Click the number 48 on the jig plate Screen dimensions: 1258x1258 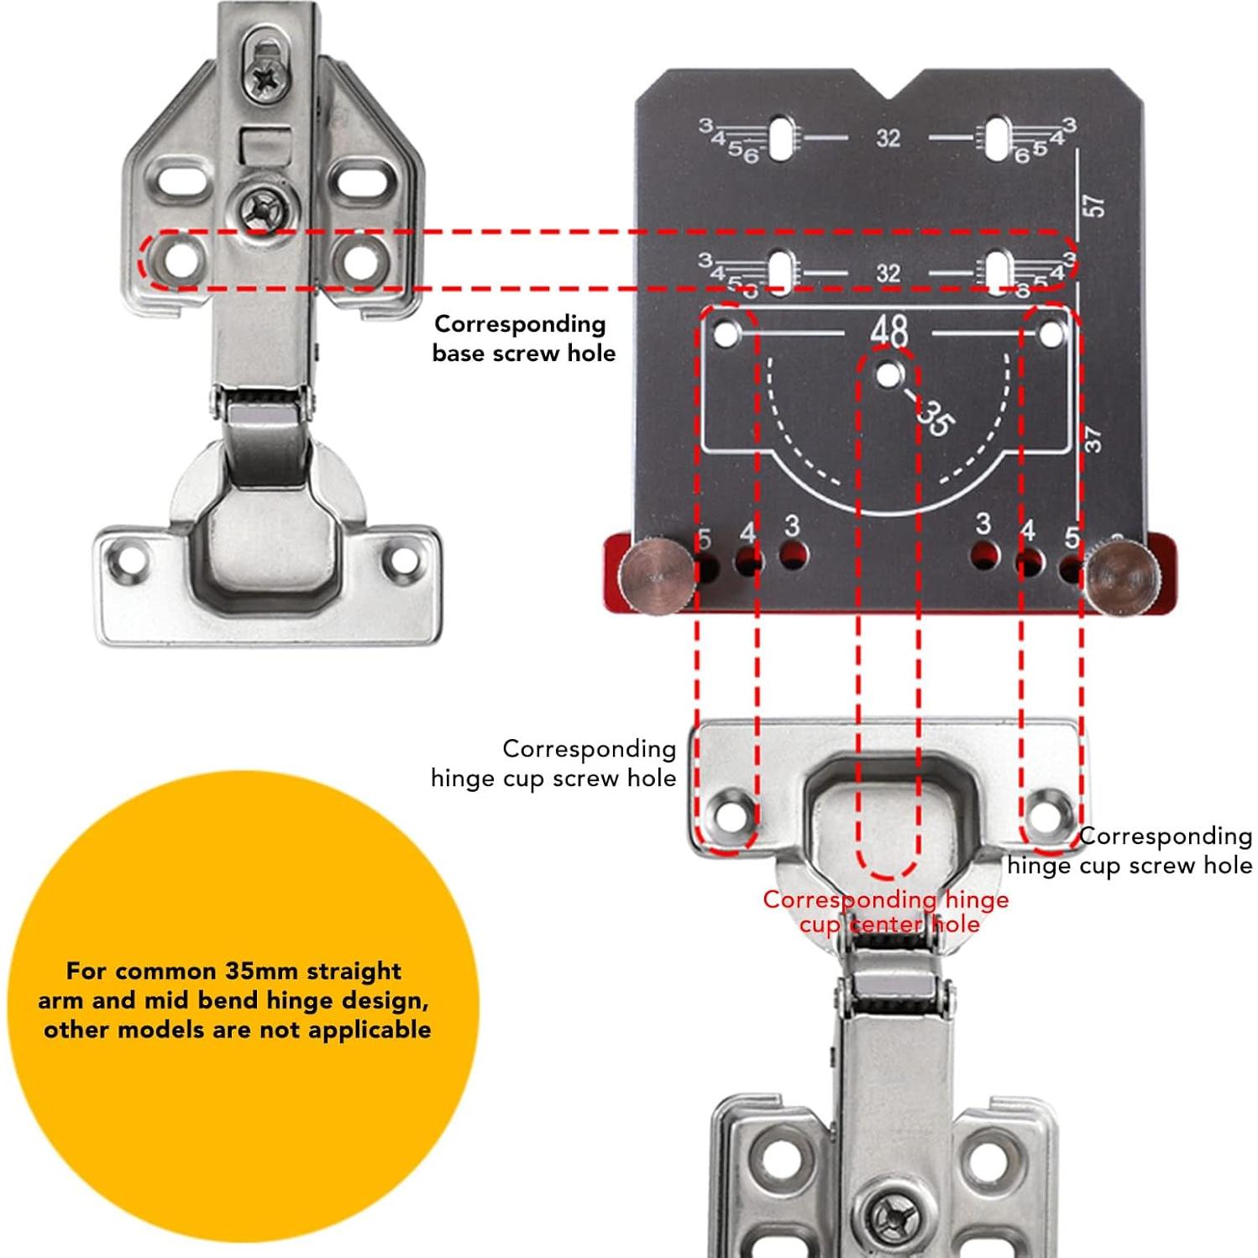pos(889,330)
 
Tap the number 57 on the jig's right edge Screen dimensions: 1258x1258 pos(1094,206)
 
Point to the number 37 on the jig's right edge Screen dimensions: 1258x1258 pos(1092,438)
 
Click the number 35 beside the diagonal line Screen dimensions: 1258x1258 pos(934,417)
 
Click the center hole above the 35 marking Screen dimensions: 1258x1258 pos(889,375)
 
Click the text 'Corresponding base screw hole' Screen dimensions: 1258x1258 pos(523,338)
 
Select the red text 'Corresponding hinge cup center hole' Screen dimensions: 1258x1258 pos(887,912)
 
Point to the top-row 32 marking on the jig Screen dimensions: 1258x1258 pos(888,138)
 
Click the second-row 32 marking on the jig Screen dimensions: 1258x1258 pos(888,274)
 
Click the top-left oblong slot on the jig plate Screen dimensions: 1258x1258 pos(782,137)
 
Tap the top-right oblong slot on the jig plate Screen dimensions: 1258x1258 pos(999,137)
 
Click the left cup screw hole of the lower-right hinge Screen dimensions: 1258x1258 pos(726,811)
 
